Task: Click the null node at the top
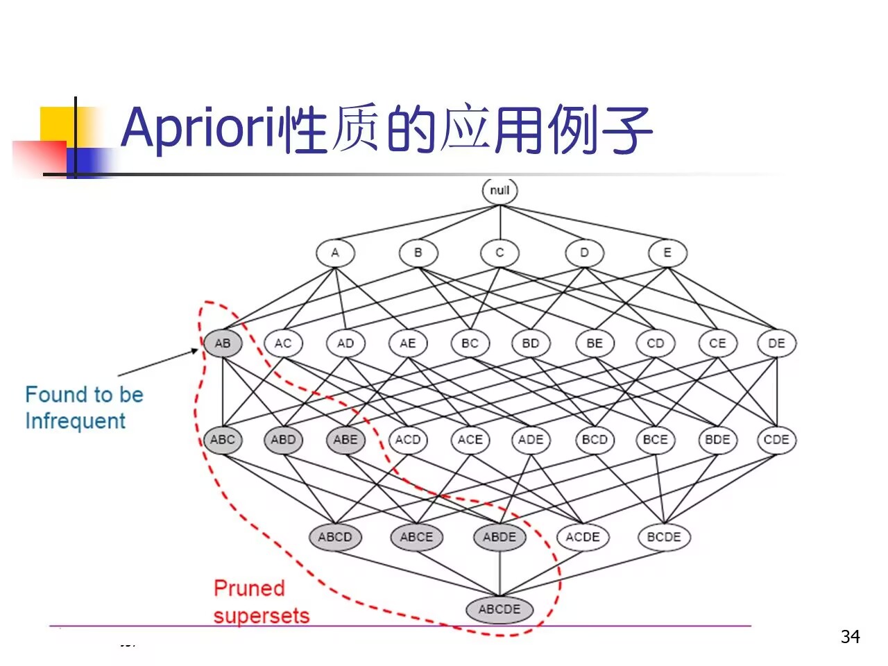[x=499, y=191]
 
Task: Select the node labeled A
[x=335, y=253]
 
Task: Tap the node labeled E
[x=667, y=253]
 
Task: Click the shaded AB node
[x=223, y=343]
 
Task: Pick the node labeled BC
[x=470, y=343]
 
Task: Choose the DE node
[x=776, y=343]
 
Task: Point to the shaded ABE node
[x=345, y=439]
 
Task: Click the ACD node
[x=408, y=439]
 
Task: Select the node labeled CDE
[x=776, y=439]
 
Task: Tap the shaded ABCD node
[x=335, y=537]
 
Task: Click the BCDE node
[x=664, y=537]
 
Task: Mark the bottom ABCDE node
[x=499, y=609]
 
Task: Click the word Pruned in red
[x=249, y=588]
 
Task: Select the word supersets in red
[x=262, y=615]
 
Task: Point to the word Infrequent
[x=75, y=421]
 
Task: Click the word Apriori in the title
[x=198, y=128]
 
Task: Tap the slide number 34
[x=850, y=636]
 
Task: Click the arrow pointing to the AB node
[x=160, y=363]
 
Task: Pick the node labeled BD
[x=531, y=343]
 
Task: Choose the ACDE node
[x=583, y=537]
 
